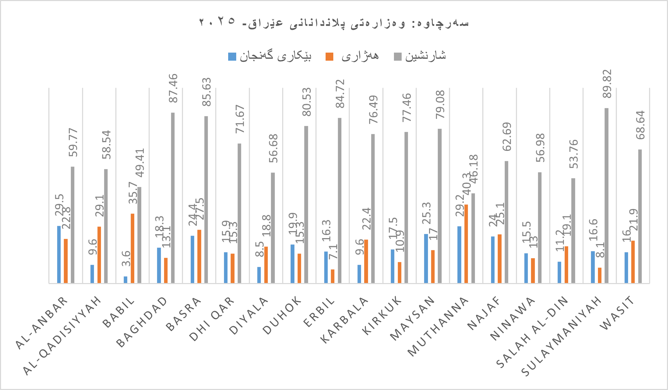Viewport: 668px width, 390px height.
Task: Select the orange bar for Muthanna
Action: [x=466, y=243]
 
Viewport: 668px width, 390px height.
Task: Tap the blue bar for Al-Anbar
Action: [x=59, y=254]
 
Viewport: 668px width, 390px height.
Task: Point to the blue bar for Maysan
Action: [x=426, y=258]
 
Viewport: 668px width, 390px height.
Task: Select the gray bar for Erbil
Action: [x=340, y=200]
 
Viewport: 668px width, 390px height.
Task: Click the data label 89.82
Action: [x=607, y=84]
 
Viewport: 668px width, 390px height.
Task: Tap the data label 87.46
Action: [x=173, y=88]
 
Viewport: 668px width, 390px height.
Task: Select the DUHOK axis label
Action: [x=282, y=315]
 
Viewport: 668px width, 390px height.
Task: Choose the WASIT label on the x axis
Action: [x=618, y=313]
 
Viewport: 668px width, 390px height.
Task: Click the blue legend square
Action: [x=232, y=56]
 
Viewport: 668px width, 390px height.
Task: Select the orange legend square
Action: [x=329, y=56]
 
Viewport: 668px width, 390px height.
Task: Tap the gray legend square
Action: [x=398, y=56]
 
